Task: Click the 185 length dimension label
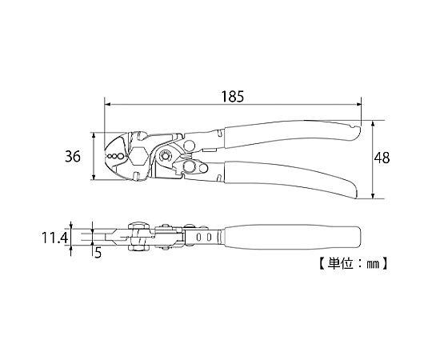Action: pos(233,97)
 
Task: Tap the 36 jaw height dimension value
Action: pos(73,157)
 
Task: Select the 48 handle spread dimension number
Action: pos(382,158)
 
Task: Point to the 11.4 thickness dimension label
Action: pos(54,238)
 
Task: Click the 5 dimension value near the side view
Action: pos(98,252)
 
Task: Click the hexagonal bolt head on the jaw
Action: pos(138,156)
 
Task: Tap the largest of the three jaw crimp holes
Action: pos(120,156)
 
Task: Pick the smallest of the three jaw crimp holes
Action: pos(110,157)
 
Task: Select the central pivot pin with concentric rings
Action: pos(166,156)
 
